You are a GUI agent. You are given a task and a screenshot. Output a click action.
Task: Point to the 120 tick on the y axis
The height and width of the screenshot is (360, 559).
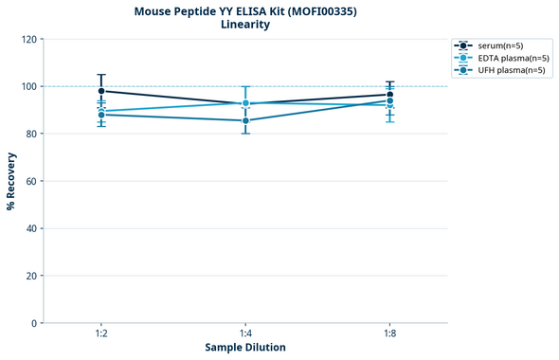coord(29,39)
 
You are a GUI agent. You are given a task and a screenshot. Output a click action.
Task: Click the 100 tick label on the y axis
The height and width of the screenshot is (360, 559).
coord(29,86)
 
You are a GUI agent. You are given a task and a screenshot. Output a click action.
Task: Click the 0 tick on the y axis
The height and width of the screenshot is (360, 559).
coord(35,323)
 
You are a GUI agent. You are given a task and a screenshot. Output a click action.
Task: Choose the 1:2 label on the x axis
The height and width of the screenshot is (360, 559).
coord(101,334)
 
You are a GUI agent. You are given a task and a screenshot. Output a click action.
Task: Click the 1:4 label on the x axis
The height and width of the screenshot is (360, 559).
coord(245,334)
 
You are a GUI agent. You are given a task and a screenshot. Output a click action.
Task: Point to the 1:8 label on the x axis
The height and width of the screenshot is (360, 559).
coord(389,334)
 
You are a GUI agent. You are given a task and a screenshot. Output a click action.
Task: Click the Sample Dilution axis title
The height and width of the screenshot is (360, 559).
coord(245,348)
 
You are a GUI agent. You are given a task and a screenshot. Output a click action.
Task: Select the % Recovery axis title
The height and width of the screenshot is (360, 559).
coord(11,181)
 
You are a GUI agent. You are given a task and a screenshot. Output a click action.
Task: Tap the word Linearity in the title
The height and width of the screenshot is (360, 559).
coord(244,25)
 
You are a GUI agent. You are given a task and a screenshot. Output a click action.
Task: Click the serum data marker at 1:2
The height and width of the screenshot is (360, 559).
coord(101,91)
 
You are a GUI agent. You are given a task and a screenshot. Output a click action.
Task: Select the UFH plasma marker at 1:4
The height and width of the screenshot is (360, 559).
coord(245,120)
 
